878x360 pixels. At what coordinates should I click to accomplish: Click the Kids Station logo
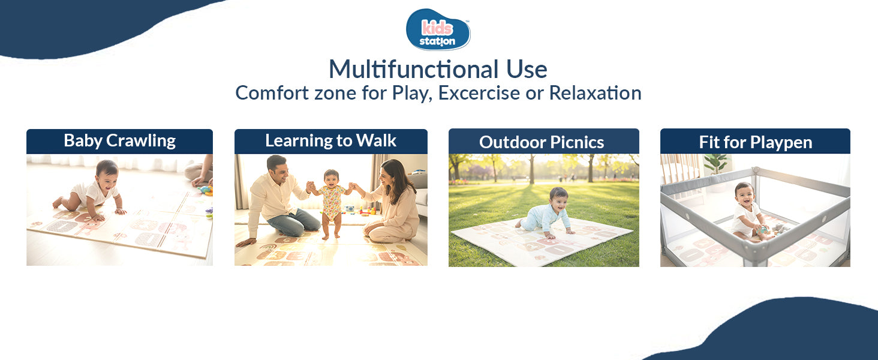coord(438,30)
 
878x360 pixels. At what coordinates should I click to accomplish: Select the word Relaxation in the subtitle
coord(595,93)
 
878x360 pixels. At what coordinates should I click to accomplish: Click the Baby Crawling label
coord(119,141)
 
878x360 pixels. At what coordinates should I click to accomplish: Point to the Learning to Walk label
coord(330,141)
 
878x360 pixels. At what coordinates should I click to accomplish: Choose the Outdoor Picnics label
coord(542,142)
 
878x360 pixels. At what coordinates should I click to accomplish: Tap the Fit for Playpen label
coord(755,142)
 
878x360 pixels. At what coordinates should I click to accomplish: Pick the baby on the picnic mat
coord(547,213)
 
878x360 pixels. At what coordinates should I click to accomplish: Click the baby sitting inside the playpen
coord(746,210)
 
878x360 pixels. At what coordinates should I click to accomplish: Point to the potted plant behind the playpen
coord(715,163)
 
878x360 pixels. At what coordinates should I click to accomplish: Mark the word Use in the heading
coord(526,70)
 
